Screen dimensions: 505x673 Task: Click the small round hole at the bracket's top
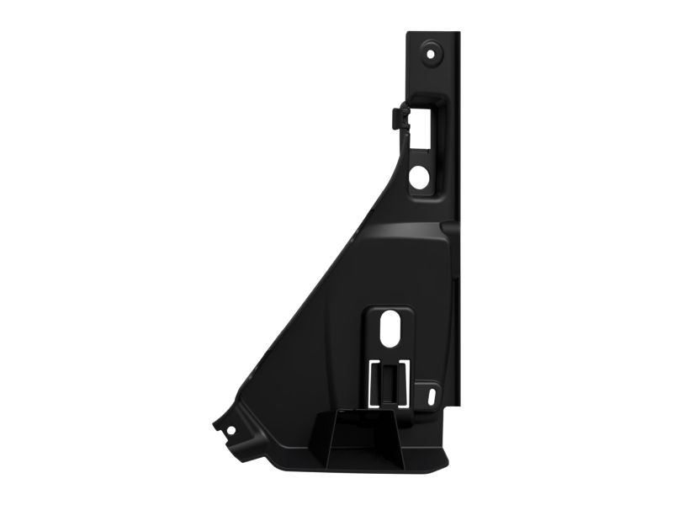[x=432, y=51]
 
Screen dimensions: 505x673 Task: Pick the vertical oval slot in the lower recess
[x=390, y=330]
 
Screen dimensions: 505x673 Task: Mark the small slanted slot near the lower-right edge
[x=432, y=394]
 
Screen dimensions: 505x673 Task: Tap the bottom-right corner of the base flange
[x=449, y=468]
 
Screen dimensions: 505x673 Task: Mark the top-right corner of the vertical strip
[x=459, y=35]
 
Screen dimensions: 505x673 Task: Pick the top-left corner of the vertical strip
[x=409, y=35]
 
